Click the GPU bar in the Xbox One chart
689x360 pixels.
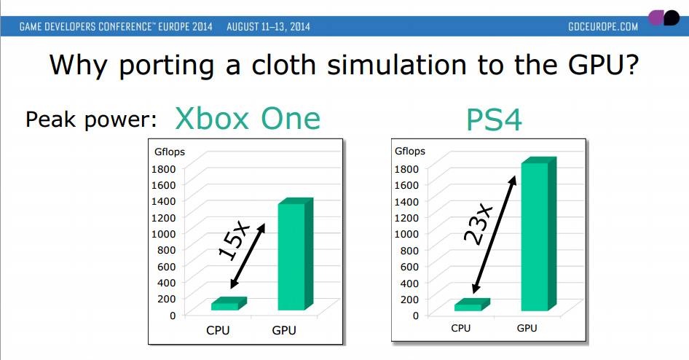click(295, 254)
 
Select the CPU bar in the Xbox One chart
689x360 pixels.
click(229, 304)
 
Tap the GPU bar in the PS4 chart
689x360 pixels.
click(539, 234)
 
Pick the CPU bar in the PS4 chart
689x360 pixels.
click(472, 305)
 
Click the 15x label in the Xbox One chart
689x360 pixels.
click(235, 241)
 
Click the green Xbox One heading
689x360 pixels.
click(248, 119)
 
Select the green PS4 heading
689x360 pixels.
click(494, 120)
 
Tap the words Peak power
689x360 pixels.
click(91, 120)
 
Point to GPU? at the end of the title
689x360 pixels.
click(603, 65)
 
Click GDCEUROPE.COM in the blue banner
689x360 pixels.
click(603, 27)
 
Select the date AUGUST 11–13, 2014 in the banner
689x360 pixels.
click(268, 27)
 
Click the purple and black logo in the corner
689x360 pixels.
click(664, 17)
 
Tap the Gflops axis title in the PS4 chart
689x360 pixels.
click(410, 151)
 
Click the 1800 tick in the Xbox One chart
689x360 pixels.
click(163, 169)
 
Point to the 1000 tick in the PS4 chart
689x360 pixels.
click(406, 234)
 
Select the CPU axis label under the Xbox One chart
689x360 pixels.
click(218, 331)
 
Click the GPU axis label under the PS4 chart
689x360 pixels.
click(527, 329)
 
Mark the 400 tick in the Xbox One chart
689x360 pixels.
click(167, 283)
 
